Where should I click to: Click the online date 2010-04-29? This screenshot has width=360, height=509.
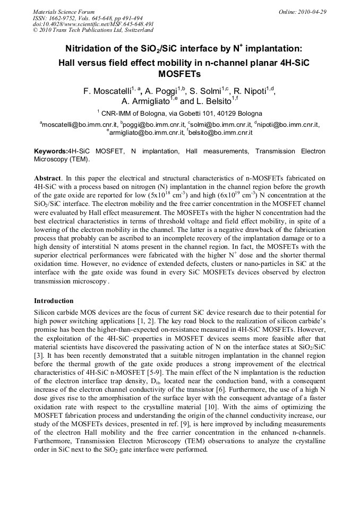(314, 12)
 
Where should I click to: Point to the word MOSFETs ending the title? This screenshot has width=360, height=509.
(179, 74)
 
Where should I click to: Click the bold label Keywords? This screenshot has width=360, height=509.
(50, 151)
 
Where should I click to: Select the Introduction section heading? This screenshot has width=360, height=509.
(54, 301)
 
